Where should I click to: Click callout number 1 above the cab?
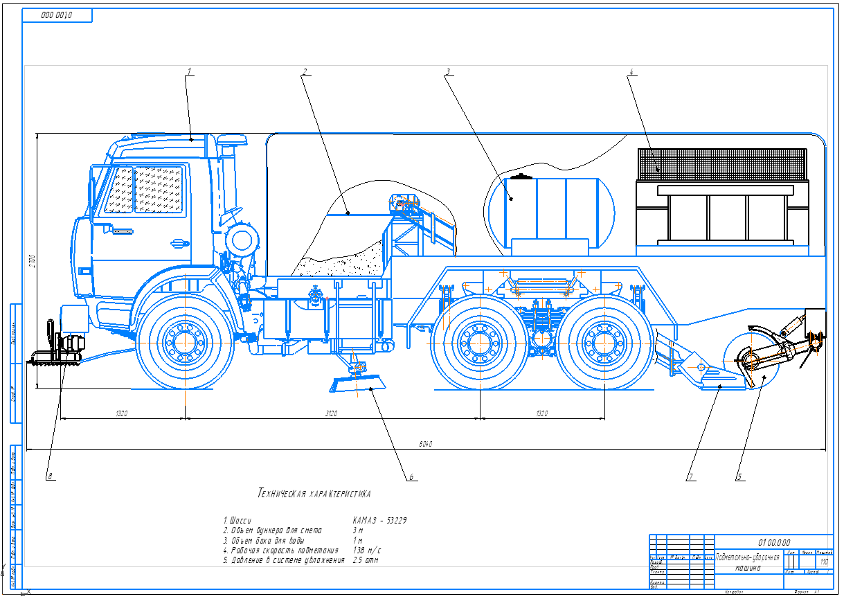coord(188,71)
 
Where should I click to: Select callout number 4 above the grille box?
coord(631,71)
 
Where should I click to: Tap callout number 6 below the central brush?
coord(411,477)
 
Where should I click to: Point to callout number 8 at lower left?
coord(50,476)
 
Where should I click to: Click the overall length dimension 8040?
coord(426,444)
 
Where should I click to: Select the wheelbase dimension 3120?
coord(332,413)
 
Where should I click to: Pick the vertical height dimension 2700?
coord(31,261)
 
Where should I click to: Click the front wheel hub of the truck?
coord(183,341)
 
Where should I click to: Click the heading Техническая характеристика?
coord(314,494)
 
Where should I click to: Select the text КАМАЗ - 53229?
coord(379,519)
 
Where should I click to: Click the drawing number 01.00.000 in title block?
coord(773,542)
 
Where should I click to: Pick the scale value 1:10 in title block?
coord(823,562)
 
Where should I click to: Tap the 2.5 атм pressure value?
coord(366,559)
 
